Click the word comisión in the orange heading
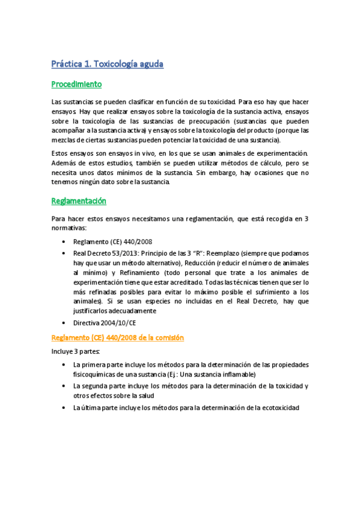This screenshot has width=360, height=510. (x=167, y=338)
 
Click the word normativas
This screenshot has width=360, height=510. (x=69, y=229)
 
